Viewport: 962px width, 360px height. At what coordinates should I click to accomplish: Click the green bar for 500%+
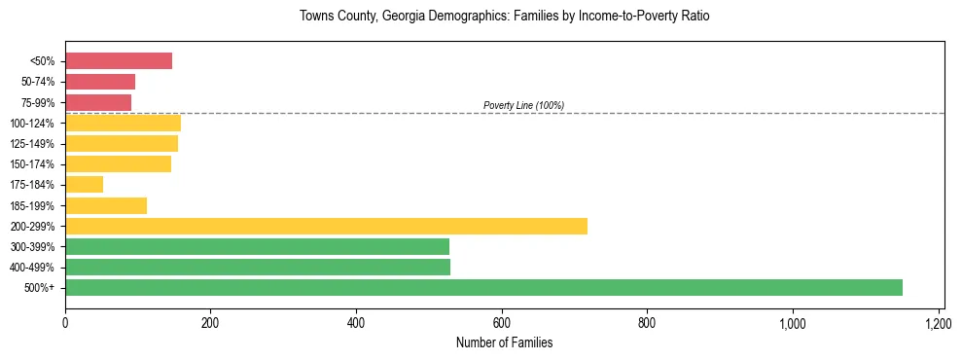tap(483, 287)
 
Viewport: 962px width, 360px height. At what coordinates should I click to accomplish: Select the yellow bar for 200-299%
tap(326, 226)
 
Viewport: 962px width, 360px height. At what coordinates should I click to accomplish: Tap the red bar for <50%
tap(119, 61)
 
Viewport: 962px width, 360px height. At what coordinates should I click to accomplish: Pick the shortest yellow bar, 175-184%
tap(84, 185)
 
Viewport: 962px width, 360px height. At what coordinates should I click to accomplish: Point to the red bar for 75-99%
tap(98, 102)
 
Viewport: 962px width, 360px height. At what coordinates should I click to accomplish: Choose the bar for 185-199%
tap(106, 205)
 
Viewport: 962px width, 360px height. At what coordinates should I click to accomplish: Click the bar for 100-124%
tap(123, 123)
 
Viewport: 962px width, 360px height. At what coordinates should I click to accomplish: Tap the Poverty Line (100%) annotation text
tap(523, 105)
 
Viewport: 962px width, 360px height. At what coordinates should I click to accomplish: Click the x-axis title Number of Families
tap(504, 342)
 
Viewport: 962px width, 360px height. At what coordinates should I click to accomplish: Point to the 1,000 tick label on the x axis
tap(792, 323)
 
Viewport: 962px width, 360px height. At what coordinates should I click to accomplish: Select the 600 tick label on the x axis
tap(501, 323)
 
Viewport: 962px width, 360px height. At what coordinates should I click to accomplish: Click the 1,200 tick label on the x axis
tap(938, 323)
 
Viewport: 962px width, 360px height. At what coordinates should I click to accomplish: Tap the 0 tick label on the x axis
tap(65, 323)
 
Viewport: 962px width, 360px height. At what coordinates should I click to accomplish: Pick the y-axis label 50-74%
tap(38, 82)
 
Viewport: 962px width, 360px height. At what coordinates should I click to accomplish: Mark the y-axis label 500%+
tap(41, 288)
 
